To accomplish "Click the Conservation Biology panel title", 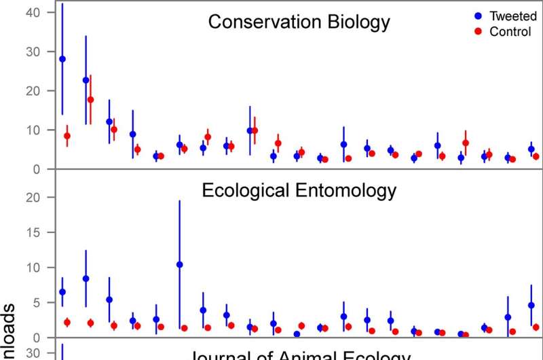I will [x=299, y=22].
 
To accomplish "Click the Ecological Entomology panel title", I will [x=299, y=189].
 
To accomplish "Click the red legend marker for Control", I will [x=476, y=32].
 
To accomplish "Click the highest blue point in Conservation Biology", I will [x=62, y=59].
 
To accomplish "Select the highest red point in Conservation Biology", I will [x=90, y=99].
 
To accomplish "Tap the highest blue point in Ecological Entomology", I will [x=179, y=264].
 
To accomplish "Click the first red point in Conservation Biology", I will [x=67, y=136].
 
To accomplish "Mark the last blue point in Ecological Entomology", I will [x=531, y=306].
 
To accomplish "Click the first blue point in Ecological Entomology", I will [x=62, y=292].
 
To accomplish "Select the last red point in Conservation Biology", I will [x=536, y=156].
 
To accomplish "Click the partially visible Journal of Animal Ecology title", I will [x=299, y=355].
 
